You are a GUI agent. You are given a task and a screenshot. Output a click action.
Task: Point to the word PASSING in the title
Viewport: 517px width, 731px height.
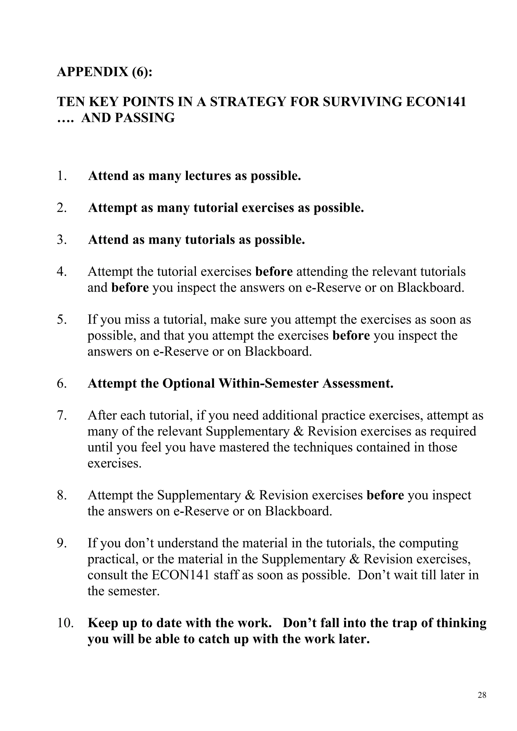pos(144,118)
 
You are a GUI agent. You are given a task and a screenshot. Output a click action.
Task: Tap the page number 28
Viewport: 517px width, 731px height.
pos(482,695)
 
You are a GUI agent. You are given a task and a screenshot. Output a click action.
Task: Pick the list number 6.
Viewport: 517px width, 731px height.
pos(62,384)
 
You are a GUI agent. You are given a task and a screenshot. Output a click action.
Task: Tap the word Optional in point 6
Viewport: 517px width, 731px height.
pos(189,384)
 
